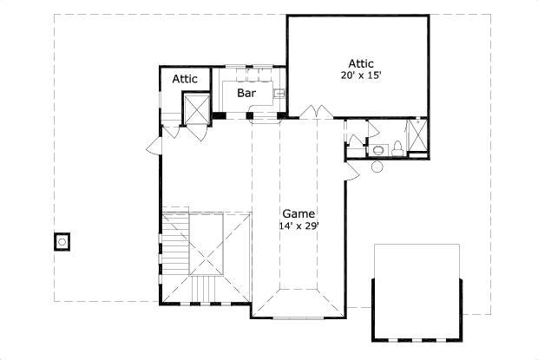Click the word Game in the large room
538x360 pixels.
[x=298, y=213]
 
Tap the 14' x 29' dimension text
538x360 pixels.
[x=298, y=226]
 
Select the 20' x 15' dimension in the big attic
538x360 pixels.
[x=361, y=75]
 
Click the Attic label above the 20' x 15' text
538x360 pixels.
[x=361, y=63]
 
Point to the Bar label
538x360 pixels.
[x=246, y=91]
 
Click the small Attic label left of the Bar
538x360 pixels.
[x=185, y=79]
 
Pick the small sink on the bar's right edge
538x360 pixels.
[x=281, y=93]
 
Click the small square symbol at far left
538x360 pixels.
[x=63, y=241]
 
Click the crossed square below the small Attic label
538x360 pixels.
[x=195, y=109]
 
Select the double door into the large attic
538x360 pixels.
[x=313, y=111]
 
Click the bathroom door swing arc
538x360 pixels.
[x=373, y=130]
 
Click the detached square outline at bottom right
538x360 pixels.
[x=417, y=291]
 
